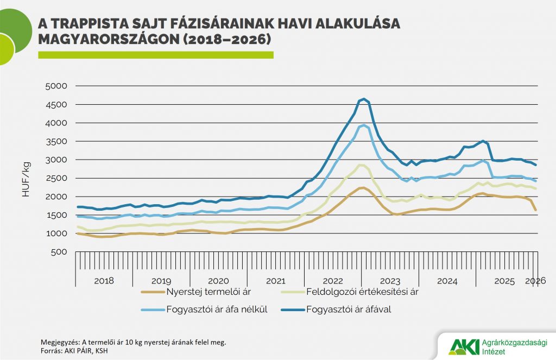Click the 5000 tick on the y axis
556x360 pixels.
pos(55,86)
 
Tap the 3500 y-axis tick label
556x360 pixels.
pos(55,141)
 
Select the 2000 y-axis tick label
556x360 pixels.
pos(55,197)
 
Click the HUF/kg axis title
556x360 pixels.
pos(26,179)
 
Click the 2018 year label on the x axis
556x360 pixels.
pos(104,281)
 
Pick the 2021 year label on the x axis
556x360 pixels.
pos(275,281)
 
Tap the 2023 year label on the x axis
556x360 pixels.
pos(390,281)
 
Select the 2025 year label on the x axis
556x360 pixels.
pos(504,281)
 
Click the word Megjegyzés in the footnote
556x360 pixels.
pos(60,342)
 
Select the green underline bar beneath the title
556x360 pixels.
pos(155,55)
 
